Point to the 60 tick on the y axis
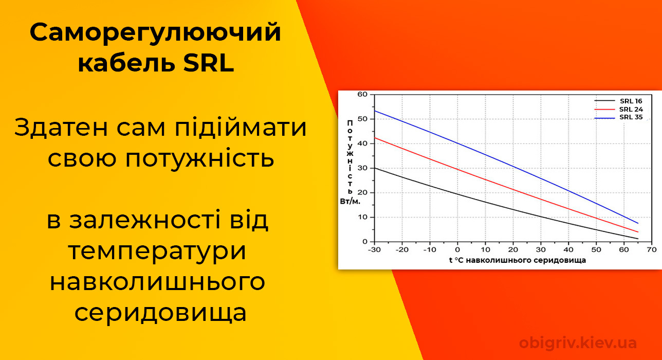coord(362,94)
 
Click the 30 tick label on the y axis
coord(362,168)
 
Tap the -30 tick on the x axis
coord(375,249)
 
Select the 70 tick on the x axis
coord(652,249)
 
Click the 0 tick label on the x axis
coord(457,249)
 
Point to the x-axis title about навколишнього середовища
coord(517,260)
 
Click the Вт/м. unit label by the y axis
coord(350,202)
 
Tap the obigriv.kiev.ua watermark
coord(578,343)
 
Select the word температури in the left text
coord(157,251)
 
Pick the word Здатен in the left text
coord(61,128)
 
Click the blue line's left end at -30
coord(375,111)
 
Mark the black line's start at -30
coord(375,168)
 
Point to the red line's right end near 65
coord(638,232)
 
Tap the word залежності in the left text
coord(145,220)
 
